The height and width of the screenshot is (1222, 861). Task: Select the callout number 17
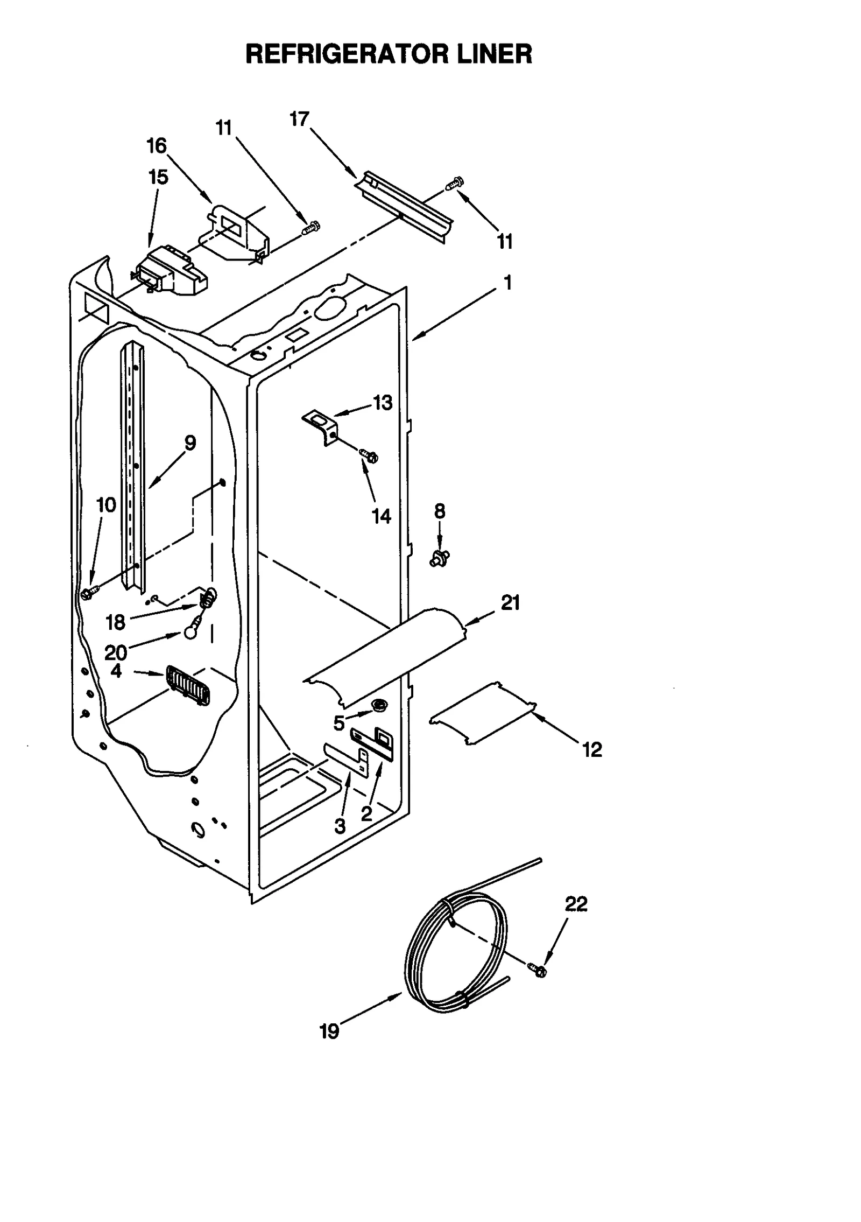tap(299, 119)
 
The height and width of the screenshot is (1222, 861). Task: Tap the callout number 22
tap(575, 904)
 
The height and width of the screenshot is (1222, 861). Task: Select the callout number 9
tap(189, 443)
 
